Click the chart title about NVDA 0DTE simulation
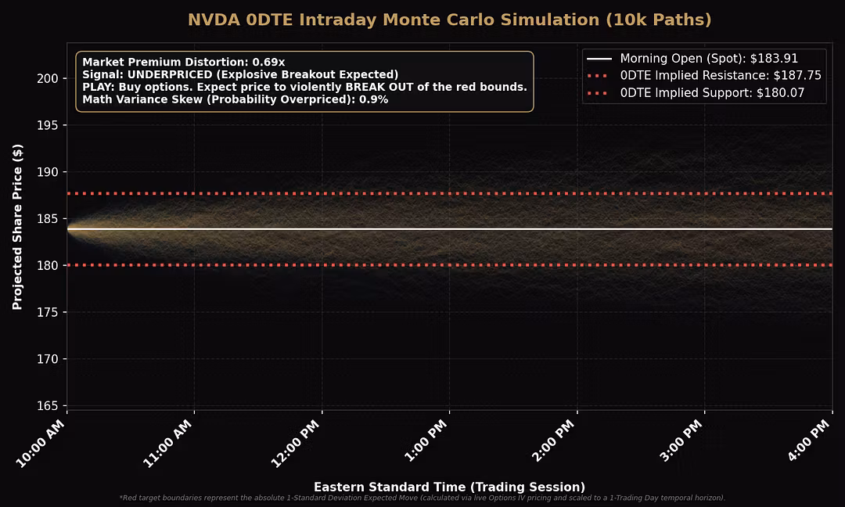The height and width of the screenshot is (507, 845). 450,20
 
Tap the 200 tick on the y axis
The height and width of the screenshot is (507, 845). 49,78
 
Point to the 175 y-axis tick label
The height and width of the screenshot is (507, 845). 49,312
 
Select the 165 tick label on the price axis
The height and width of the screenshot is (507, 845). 49,406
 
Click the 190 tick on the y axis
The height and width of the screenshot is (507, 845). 49,172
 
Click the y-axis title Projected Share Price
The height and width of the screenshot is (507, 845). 17,226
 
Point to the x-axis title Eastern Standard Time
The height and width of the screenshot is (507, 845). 449,487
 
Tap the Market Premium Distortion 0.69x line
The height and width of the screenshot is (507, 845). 184,62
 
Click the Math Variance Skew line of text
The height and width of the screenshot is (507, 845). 236,99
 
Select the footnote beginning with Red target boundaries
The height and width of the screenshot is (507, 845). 422,498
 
